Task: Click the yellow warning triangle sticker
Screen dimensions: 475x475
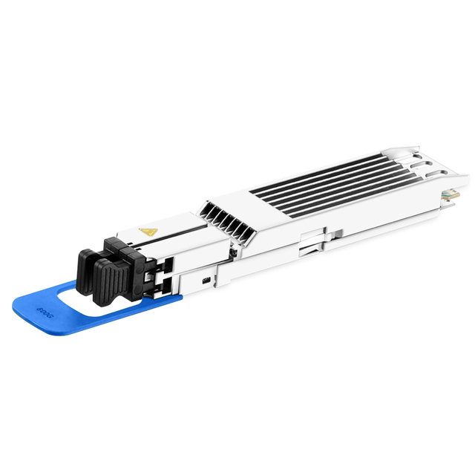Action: [x=148, y=232]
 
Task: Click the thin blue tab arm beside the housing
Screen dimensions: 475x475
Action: [x=167, y=299]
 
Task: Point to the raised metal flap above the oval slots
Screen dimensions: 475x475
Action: [x=401, y=148]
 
